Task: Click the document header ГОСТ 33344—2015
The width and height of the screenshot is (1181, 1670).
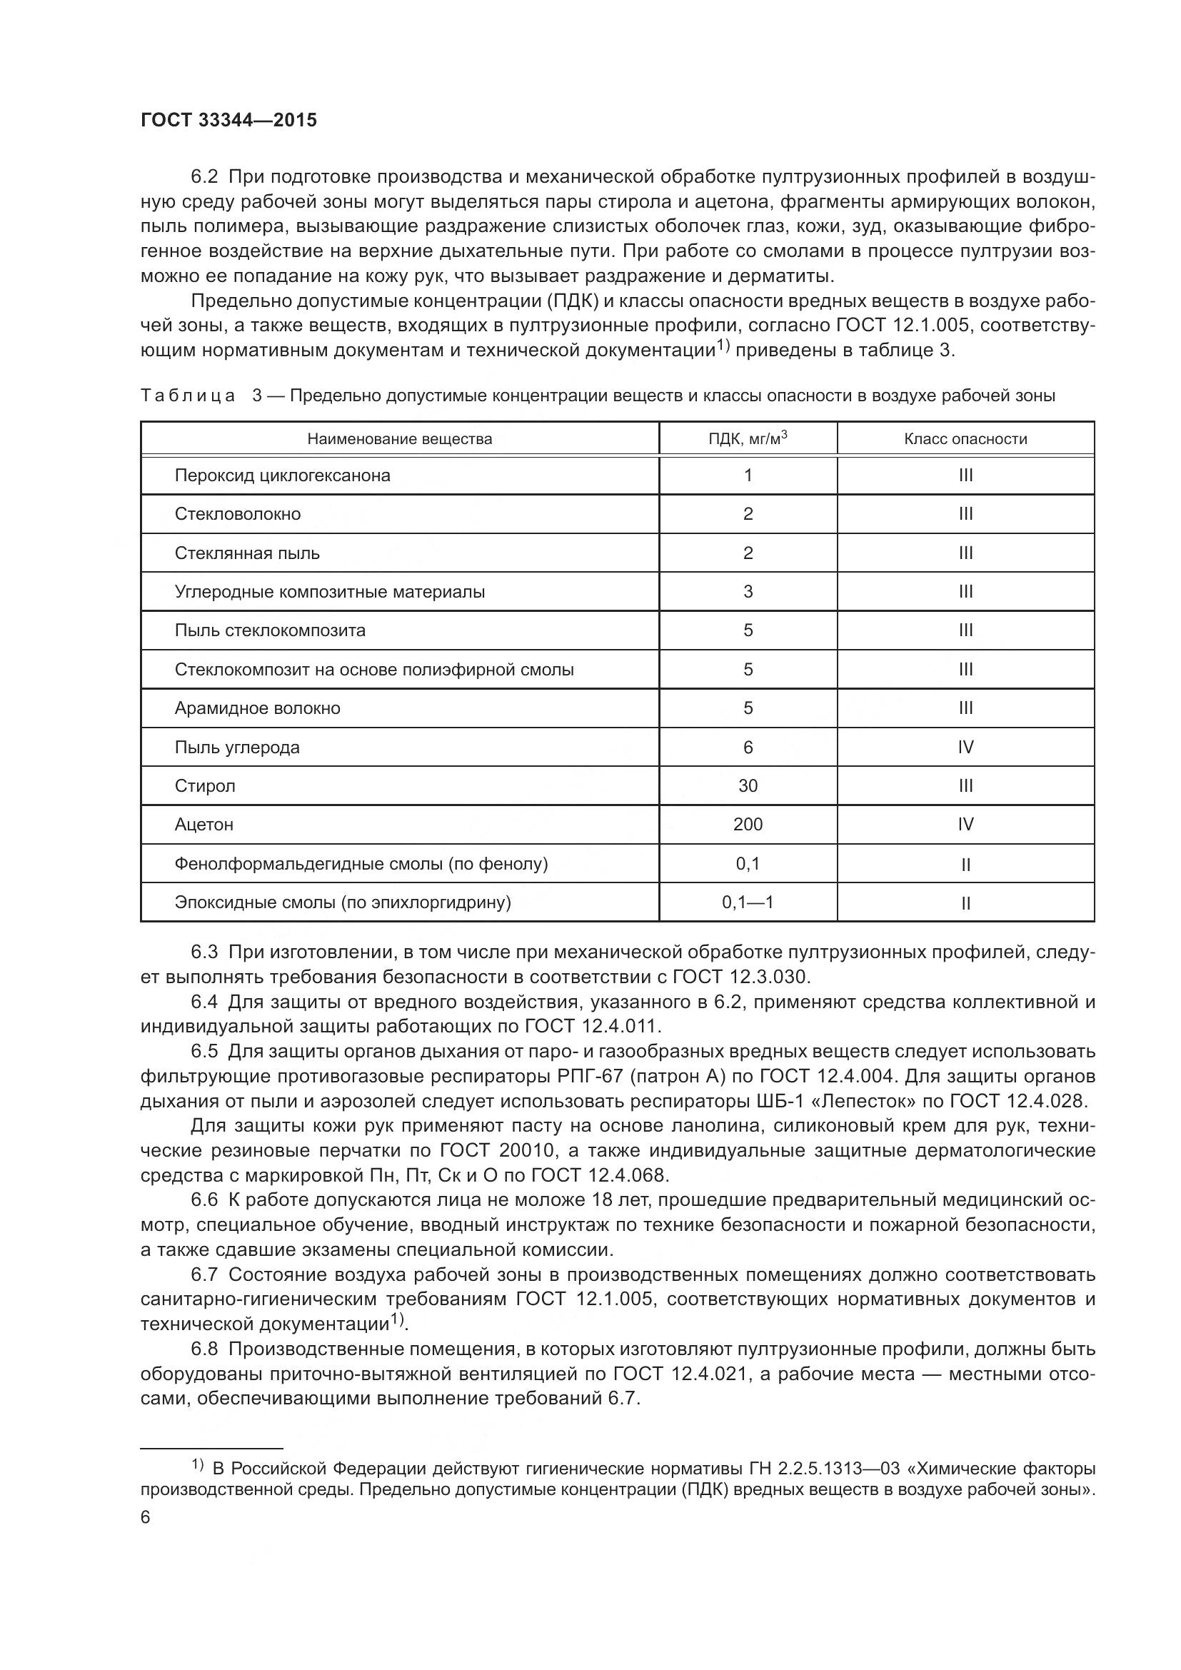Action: click(228, 121)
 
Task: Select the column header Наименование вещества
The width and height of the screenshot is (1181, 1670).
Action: click(399, 439)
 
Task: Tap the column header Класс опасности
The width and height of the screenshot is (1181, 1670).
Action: click(965, 439)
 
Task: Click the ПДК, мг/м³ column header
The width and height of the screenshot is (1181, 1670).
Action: click(748, 439)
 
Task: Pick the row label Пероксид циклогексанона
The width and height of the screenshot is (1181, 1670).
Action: click(282, 476)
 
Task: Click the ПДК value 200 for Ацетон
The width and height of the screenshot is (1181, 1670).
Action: click(748, 825)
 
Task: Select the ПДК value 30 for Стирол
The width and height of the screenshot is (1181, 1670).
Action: click(748, 786)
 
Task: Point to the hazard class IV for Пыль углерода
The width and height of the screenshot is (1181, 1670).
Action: click(965, 748)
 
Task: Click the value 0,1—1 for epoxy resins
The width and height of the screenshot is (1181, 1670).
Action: click(748, 902)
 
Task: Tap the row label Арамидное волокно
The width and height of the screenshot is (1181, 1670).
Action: click(258, 708)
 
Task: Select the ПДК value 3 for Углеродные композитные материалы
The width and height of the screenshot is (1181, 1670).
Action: click(748, 592)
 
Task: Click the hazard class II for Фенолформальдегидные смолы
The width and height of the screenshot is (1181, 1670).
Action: click(965, 865)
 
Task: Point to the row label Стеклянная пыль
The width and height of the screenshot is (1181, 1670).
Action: click(247, 553)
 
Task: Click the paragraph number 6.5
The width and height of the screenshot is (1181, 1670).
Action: click(204, 1052)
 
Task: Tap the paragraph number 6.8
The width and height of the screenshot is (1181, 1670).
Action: click(204, 1349)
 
